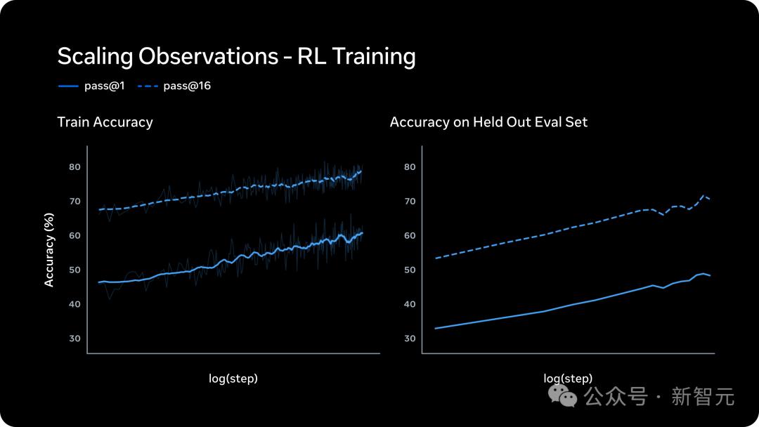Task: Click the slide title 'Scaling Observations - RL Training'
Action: pos(236,56)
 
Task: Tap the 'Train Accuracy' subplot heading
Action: pos(105,122)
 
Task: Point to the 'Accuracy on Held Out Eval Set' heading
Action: pos(488,122)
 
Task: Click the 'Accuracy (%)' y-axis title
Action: pos(49,250)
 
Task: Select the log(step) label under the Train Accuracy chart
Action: pos(233,379)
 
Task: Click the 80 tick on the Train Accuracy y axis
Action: pos(74,167)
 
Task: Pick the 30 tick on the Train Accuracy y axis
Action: pos(74,339)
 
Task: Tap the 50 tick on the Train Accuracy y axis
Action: pos(74,270)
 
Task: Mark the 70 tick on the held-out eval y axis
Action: pos(410,202)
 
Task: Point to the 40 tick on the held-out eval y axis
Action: pos(410,304)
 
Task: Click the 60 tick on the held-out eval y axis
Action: pos(410,236)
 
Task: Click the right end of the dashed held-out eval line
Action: pos(710,199)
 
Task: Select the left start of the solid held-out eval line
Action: pos(436,328)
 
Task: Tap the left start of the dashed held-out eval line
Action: pos(436,258)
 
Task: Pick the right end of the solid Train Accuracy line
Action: pos(362,232)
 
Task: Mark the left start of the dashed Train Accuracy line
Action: pos(99,209)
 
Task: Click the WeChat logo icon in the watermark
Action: pos(563,395)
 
